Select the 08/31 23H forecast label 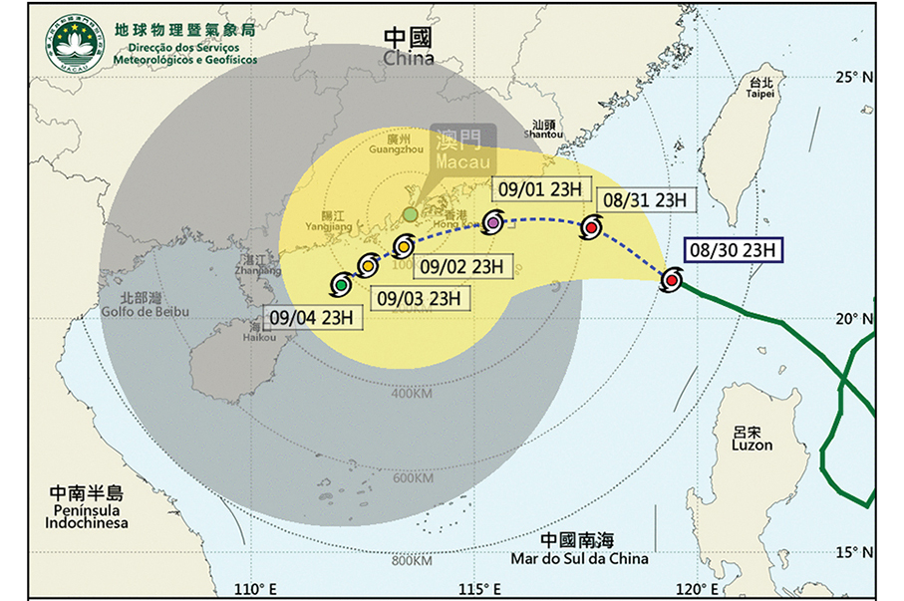[642, 199]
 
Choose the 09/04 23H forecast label [310, 319]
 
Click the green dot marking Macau [410, 214]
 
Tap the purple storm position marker [494, 222]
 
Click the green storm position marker [341, 285]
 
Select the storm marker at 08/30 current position [672, 281]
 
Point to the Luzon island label [752, 440]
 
